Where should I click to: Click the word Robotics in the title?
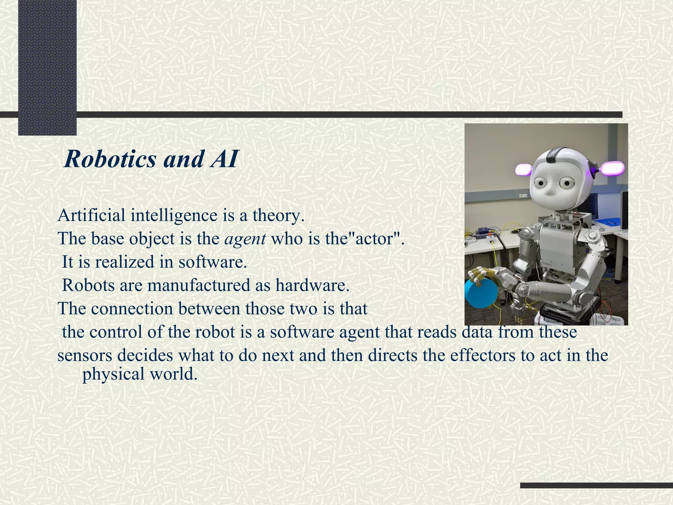pos(110,159)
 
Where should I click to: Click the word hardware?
pos(312,285)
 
